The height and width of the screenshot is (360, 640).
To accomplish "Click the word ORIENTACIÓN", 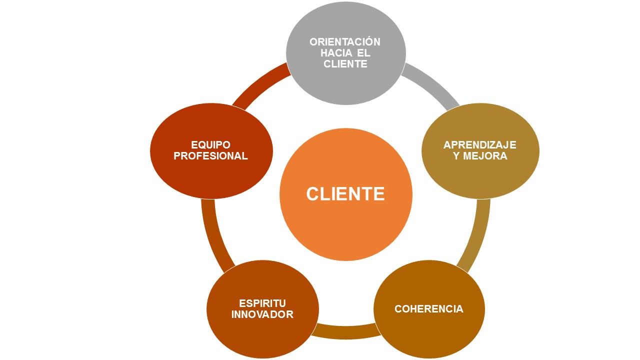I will tap(345, 42).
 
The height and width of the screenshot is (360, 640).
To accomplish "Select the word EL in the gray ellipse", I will tap(364, 53).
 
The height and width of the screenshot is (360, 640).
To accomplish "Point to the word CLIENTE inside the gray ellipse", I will tap(345, 64).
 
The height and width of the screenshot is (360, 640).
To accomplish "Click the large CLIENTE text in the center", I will tap(345, 194).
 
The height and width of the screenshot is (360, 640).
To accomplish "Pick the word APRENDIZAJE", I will tap(480, 145).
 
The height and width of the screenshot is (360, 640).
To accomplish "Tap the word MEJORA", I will tap(487, 156).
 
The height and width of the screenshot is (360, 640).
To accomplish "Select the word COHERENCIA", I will tap(429, 309).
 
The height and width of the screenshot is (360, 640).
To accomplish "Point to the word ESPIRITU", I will tap(262, 303).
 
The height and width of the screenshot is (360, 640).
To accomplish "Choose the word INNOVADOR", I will tap(262, 314).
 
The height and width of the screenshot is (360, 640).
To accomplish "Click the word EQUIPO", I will tap(210, 145).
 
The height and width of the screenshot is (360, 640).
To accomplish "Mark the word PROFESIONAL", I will tap(210, 156).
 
